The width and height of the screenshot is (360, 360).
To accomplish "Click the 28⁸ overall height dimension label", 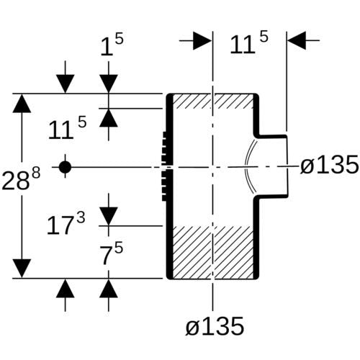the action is tap(21, 179).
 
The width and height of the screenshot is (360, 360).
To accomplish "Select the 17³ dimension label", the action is tap(66, 224).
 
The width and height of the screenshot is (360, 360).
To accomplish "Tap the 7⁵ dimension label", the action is tap(112, 253).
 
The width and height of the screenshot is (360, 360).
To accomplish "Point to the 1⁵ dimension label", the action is tap(112, 45).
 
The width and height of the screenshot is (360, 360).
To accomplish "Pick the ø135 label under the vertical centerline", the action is tap(215, 326).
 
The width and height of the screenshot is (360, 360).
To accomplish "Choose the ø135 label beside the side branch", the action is tap(330, 164).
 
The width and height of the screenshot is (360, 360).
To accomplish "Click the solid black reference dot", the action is tap(65, 167).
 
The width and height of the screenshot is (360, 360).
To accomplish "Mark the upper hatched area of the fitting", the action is tap(212, 101).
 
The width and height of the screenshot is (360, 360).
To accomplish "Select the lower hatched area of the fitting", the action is tap(212, 252).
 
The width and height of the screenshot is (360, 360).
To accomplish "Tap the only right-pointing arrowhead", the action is tap(202, 40).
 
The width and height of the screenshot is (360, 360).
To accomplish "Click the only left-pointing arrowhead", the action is tap(297, 40).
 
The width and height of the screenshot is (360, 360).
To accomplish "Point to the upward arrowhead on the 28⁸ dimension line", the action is tap(22, 103).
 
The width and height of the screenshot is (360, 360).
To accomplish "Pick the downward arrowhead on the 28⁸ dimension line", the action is tap(22, 269).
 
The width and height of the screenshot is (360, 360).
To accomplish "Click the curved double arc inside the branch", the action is tap(250, 166).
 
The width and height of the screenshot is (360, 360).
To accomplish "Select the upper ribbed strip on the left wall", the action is tap(165, 148).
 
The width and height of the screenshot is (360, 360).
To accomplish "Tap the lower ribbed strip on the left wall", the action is tap(165, 185).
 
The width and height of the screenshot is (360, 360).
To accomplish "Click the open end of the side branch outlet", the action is tap(287, 166).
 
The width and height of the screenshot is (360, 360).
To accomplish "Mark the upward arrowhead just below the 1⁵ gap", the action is tap(109, 117).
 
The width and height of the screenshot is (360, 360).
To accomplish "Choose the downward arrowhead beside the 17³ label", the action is tap(109, 217).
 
